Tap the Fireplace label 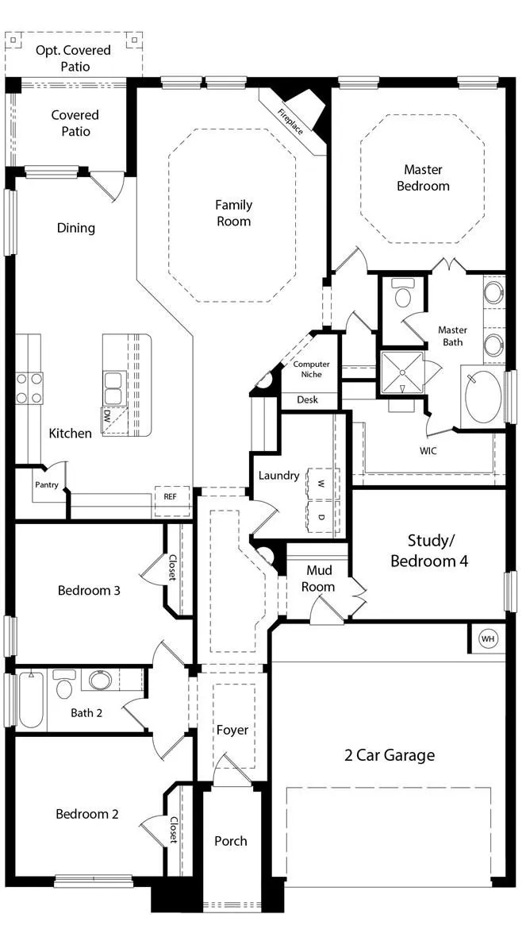pyautogui.click(x=290, y=121)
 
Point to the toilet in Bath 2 pyautogui.click(x=64, y=684)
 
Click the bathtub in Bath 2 pyautogui.click(x=31, y=699)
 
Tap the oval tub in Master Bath pyautogui.click(x=483, y=397)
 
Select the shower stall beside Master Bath pyautogui.click(x=402, y=372)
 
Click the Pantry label pyautogui.click(x=46, y=484)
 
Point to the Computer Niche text pyautogui.click(x=311, y=369)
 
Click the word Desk pyautogui.click(x=308, y=399)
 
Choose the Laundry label pyautogui.click(x=279, y=476)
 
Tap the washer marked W pyautogui.click(x=321, y=483)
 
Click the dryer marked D pyautogui.click(x=321, y=515)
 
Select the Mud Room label pyautogui.click(x=318, y=578)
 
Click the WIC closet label pyautogui.click(x=428, y=451)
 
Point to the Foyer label pyautogui.click(x=232, y=730)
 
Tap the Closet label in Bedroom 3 pyautogui.click(x=172, y=567)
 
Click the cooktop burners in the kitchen pyautogui.click(x=29, y=388)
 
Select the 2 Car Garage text pyautogui.click(x=390, y=755)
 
